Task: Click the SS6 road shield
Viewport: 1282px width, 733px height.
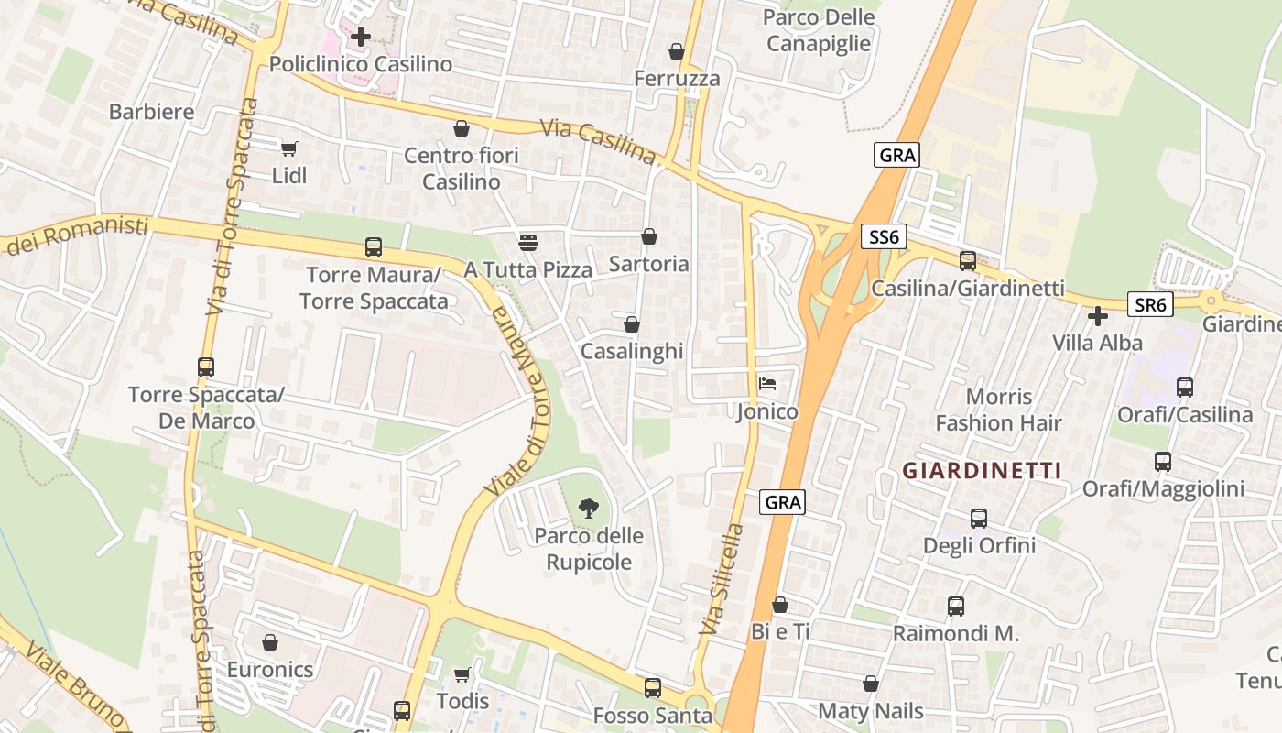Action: click(x=884, y=238)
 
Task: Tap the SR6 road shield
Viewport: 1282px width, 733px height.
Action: click(x=1149, y=304)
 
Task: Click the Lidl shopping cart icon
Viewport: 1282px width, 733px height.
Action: click(x=289, y=148)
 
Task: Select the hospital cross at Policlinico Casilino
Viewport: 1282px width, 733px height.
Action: click(x=361, y=37)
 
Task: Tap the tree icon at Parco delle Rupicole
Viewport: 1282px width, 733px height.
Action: click(x=590, y=507)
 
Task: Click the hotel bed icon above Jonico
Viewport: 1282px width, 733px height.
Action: click(x=767, y=383)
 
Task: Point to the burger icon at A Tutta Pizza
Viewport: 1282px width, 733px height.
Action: click(x=527, y=242)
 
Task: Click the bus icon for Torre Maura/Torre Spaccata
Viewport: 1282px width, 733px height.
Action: click(x=373, y=246)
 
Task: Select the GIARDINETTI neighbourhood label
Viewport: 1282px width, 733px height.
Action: click(x=982, y=471)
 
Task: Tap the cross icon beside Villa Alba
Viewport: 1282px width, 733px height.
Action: click(x=1097, y=317)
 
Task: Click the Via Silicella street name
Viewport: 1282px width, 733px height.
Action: click(x=722, y=579)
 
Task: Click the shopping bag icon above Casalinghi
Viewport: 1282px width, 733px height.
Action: click(x=632, y=324)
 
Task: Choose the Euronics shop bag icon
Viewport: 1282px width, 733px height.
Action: click(x=269, y=642)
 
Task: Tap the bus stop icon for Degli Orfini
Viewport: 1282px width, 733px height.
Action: click(x=979, y=519)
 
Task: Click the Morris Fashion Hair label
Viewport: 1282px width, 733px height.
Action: click(x=998, y=410)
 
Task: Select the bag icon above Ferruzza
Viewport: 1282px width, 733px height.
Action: click(x=677, y=51)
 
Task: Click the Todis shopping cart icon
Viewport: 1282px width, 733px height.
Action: click(x=462, y=674)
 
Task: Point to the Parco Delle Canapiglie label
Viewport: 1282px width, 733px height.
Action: click(x=819, y=30)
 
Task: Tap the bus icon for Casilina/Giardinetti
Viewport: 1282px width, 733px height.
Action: click(x=968, y=260)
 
